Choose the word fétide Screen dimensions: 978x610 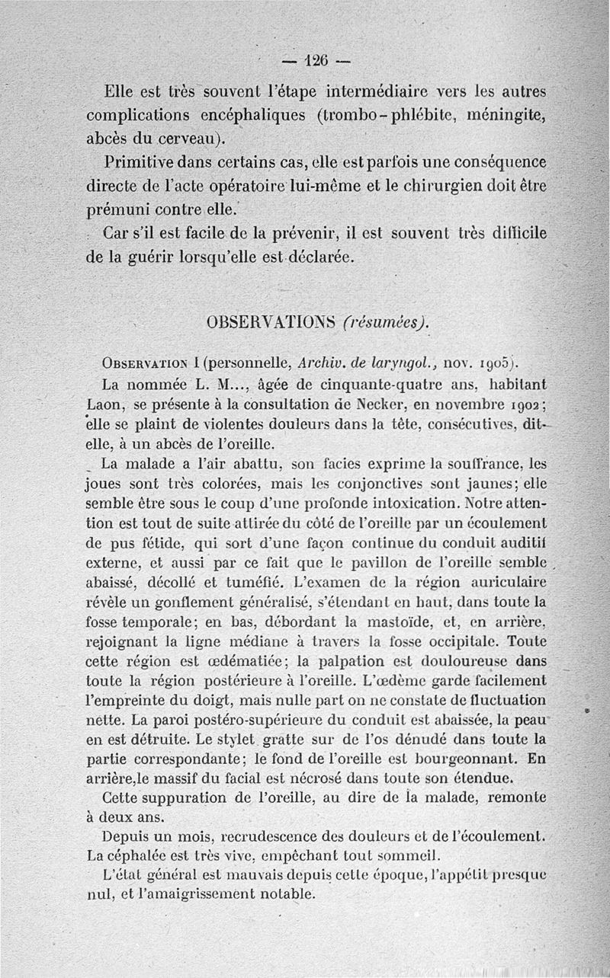coord(149,542)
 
